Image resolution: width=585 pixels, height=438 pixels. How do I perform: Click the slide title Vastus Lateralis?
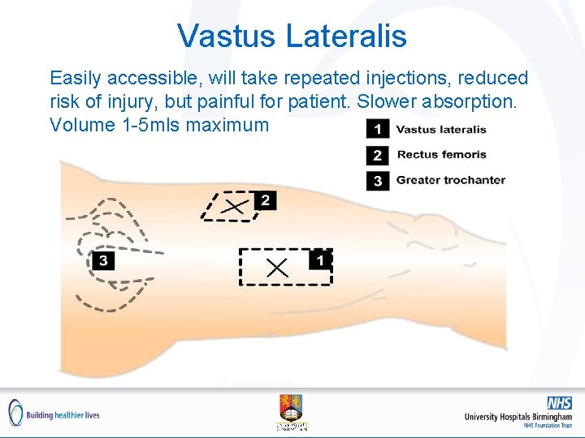292,36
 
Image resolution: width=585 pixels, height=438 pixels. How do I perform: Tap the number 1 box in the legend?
376,129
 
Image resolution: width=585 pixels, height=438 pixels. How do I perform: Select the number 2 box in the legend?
376,155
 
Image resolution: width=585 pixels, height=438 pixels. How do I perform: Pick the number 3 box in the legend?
376,180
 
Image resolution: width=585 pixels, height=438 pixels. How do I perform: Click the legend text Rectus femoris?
441,155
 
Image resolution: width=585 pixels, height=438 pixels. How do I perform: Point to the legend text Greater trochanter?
450,180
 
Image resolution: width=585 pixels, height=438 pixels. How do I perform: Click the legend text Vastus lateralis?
441,129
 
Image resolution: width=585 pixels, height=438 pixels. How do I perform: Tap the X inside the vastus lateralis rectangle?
277,267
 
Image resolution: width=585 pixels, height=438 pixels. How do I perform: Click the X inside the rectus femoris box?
234,207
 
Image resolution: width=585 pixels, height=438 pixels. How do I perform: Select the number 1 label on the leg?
320,260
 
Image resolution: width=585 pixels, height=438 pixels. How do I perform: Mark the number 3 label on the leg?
103,260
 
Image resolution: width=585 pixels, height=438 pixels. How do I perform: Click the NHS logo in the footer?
559,403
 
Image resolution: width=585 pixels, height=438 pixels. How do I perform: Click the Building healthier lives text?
63,414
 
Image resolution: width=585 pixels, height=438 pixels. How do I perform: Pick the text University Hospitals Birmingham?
518,417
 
